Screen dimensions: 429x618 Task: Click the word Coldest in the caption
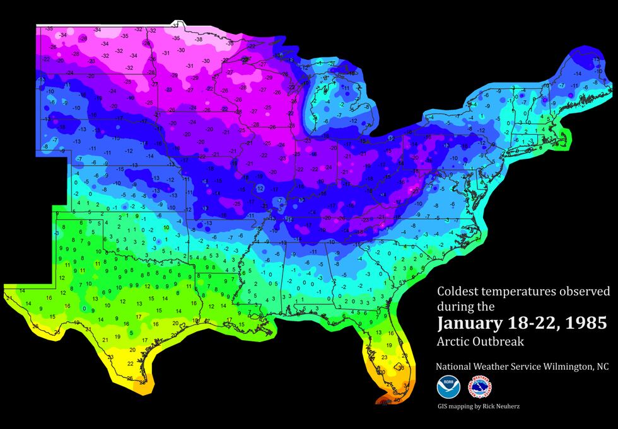(457, 292)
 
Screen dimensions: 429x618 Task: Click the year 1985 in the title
(585, 324)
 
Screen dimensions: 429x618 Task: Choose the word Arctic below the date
(452, 342)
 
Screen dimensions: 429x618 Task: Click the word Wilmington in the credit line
(556, 367)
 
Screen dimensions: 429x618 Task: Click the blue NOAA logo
(448, 386)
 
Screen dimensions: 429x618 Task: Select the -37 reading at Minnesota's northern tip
(176, 25)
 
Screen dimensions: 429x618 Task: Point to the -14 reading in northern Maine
(576, 74)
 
